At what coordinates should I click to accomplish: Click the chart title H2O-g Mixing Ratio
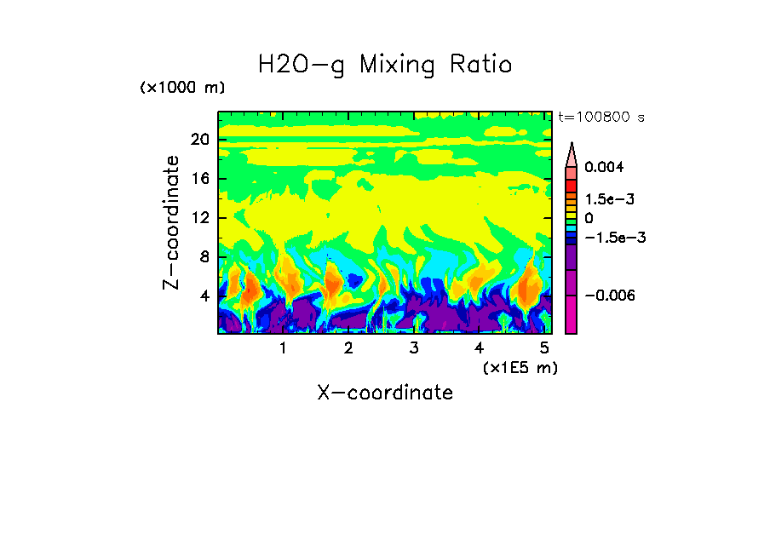tap(385, 65)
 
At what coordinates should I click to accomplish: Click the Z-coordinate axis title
tap(171, 222)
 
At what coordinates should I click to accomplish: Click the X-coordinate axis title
tap(385, 393)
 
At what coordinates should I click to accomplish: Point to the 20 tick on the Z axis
tap(200, 140)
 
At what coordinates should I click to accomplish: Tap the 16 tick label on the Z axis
tap(200, 179)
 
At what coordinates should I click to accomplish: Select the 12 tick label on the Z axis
tap(200, 218)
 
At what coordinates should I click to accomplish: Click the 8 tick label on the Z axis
tap(204, 257)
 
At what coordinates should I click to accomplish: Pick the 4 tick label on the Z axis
tap(204, 296)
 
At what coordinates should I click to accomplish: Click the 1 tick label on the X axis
tap(283, 348)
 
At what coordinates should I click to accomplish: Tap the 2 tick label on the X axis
tap(348, 348)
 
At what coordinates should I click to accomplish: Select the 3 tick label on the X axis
tap(414, 348)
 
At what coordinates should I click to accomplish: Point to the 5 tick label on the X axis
tap(545, 348)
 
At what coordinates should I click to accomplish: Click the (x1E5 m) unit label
tap(520, 367)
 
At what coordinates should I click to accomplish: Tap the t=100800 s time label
tap(601, 117)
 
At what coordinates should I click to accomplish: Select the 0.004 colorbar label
tap(604, 167)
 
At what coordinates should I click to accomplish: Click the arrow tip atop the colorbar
tap(572, 145)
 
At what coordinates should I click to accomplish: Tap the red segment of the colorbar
tap(572, 185)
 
